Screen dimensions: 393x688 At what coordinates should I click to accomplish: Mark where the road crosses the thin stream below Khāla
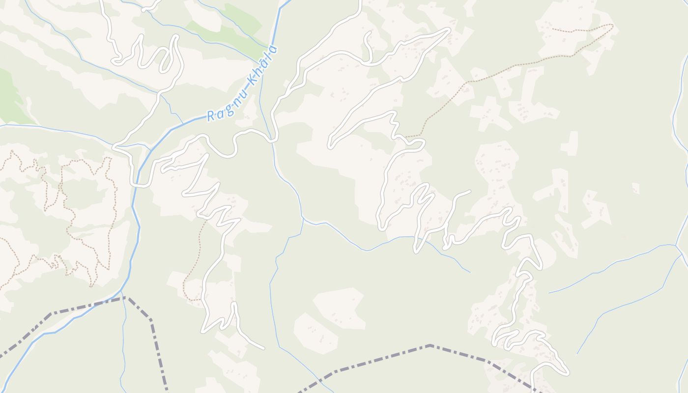click(271, 138)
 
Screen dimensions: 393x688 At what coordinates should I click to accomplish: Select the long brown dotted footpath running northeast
click(491, 79)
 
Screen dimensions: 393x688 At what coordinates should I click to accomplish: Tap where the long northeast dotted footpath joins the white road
click(406, 137)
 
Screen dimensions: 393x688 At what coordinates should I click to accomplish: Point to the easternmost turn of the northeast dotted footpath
click(613, 25)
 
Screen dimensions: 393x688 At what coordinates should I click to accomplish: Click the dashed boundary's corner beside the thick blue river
click(124, 297)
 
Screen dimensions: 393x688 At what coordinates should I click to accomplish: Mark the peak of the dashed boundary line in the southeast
click(430, 345)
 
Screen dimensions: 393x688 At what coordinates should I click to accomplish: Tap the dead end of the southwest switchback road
click(264, 349)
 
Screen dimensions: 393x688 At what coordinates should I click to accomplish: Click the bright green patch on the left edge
click(7, 93)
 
